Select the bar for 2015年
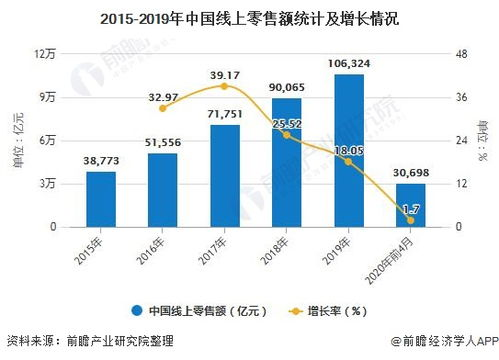101,199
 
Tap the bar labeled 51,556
162,190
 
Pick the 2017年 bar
224,175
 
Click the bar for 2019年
348,150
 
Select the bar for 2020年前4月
410,205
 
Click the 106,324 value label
348,63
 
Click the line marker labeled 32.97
162,108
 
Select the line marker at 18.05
348,161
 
